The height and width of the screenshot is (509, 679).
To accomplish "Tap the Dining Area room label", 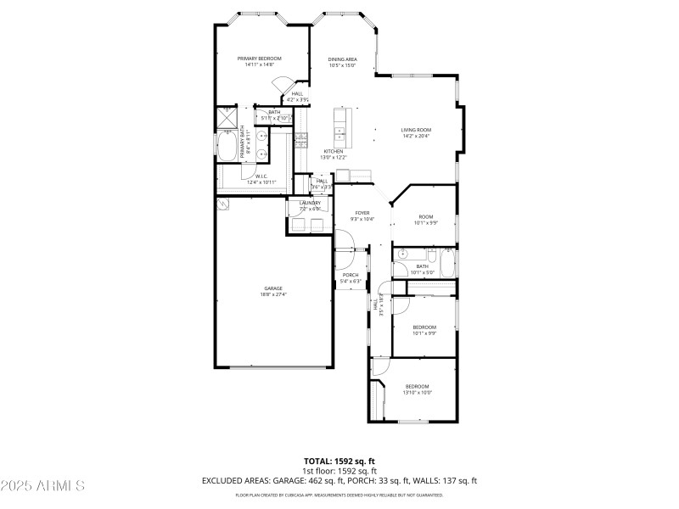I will pos(342,59).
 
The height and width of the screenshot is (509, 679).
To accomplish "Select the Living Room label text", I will pos(416,130).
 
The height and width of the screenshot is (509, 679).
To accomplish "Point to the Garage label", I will pos(272,288).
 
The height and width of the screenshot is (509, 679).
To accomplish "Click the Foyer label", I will pos(362,213).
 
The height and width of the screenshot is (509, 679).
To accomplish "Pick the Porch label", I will pos(350,275).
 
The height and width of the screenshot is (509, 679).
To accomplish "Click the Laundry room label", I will pos(310,204).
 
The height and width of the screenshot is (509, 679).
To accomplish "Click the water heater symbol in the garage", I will pos(222,204).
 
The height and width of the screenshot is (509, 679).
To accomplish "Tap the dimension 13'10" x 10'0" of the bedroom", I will pos(417,393).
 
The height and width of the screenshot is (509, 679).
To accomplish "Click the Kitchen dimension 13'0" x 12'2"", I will pos(333,158).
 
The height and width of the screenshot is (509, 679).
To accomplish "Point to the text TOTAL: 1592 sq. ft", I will pos(339,461).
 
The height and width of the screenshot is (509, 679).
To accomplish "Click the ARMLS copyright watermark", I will pos(42,486).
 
